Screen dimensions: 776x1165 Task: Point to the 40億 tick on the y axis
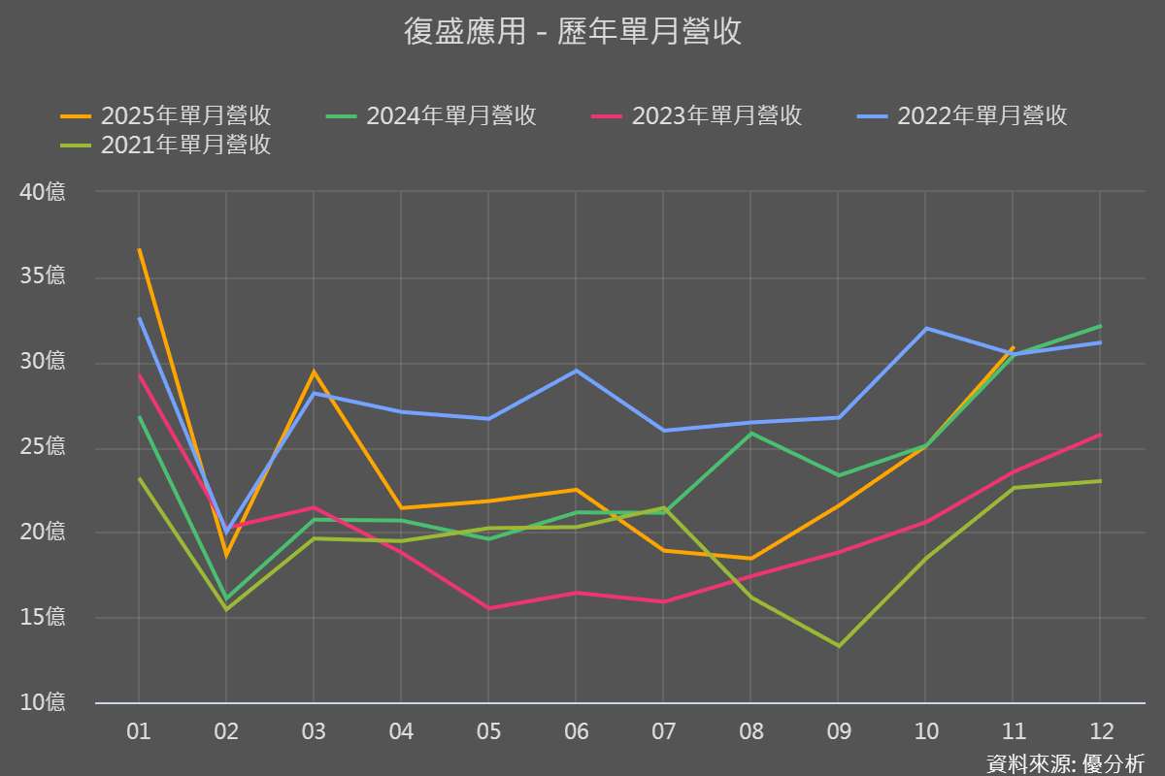click(43, 192)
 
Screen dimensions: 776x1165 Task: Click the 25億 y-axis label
click(43, 447)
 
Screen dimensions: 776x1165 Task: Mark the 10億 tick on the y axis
click(43, 702)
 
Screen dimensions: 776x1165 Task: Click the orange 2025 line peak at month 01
click(139, 249)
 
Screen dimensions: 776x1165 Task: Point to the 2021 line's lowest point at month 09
click(838, 646)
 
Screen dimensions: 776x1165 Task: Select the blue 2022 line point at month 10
click(925, 328)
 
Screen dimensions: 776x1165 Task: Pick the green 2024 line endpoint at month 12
click(1100, 326)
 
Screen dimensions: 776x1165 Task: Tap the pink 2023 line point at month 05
click(488, 608)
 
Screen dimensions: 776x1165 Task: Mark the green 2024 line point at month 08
click(750, 433)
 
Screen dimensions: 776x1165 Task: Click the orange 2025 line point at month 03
click(314, 372)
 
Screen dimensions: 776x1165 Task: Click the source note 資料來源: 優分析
click(1065, 763)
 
